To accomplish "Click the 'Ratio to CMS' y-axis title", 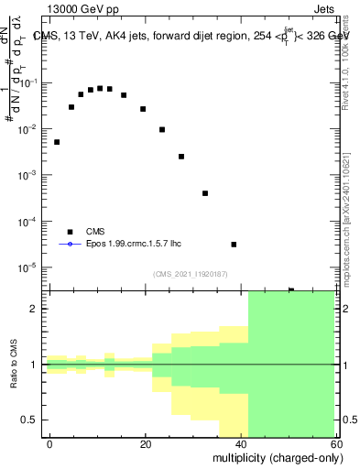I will point(14,364).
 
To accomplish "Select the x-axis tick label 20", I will point(146,442).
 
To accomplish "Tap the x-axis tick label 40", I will point(242,442).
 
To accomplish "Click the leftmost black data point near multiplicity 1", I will point(57,142).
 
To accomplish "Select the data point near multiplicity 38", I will point(234,245).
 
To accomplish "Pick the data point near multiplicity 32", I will point(205,193).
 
